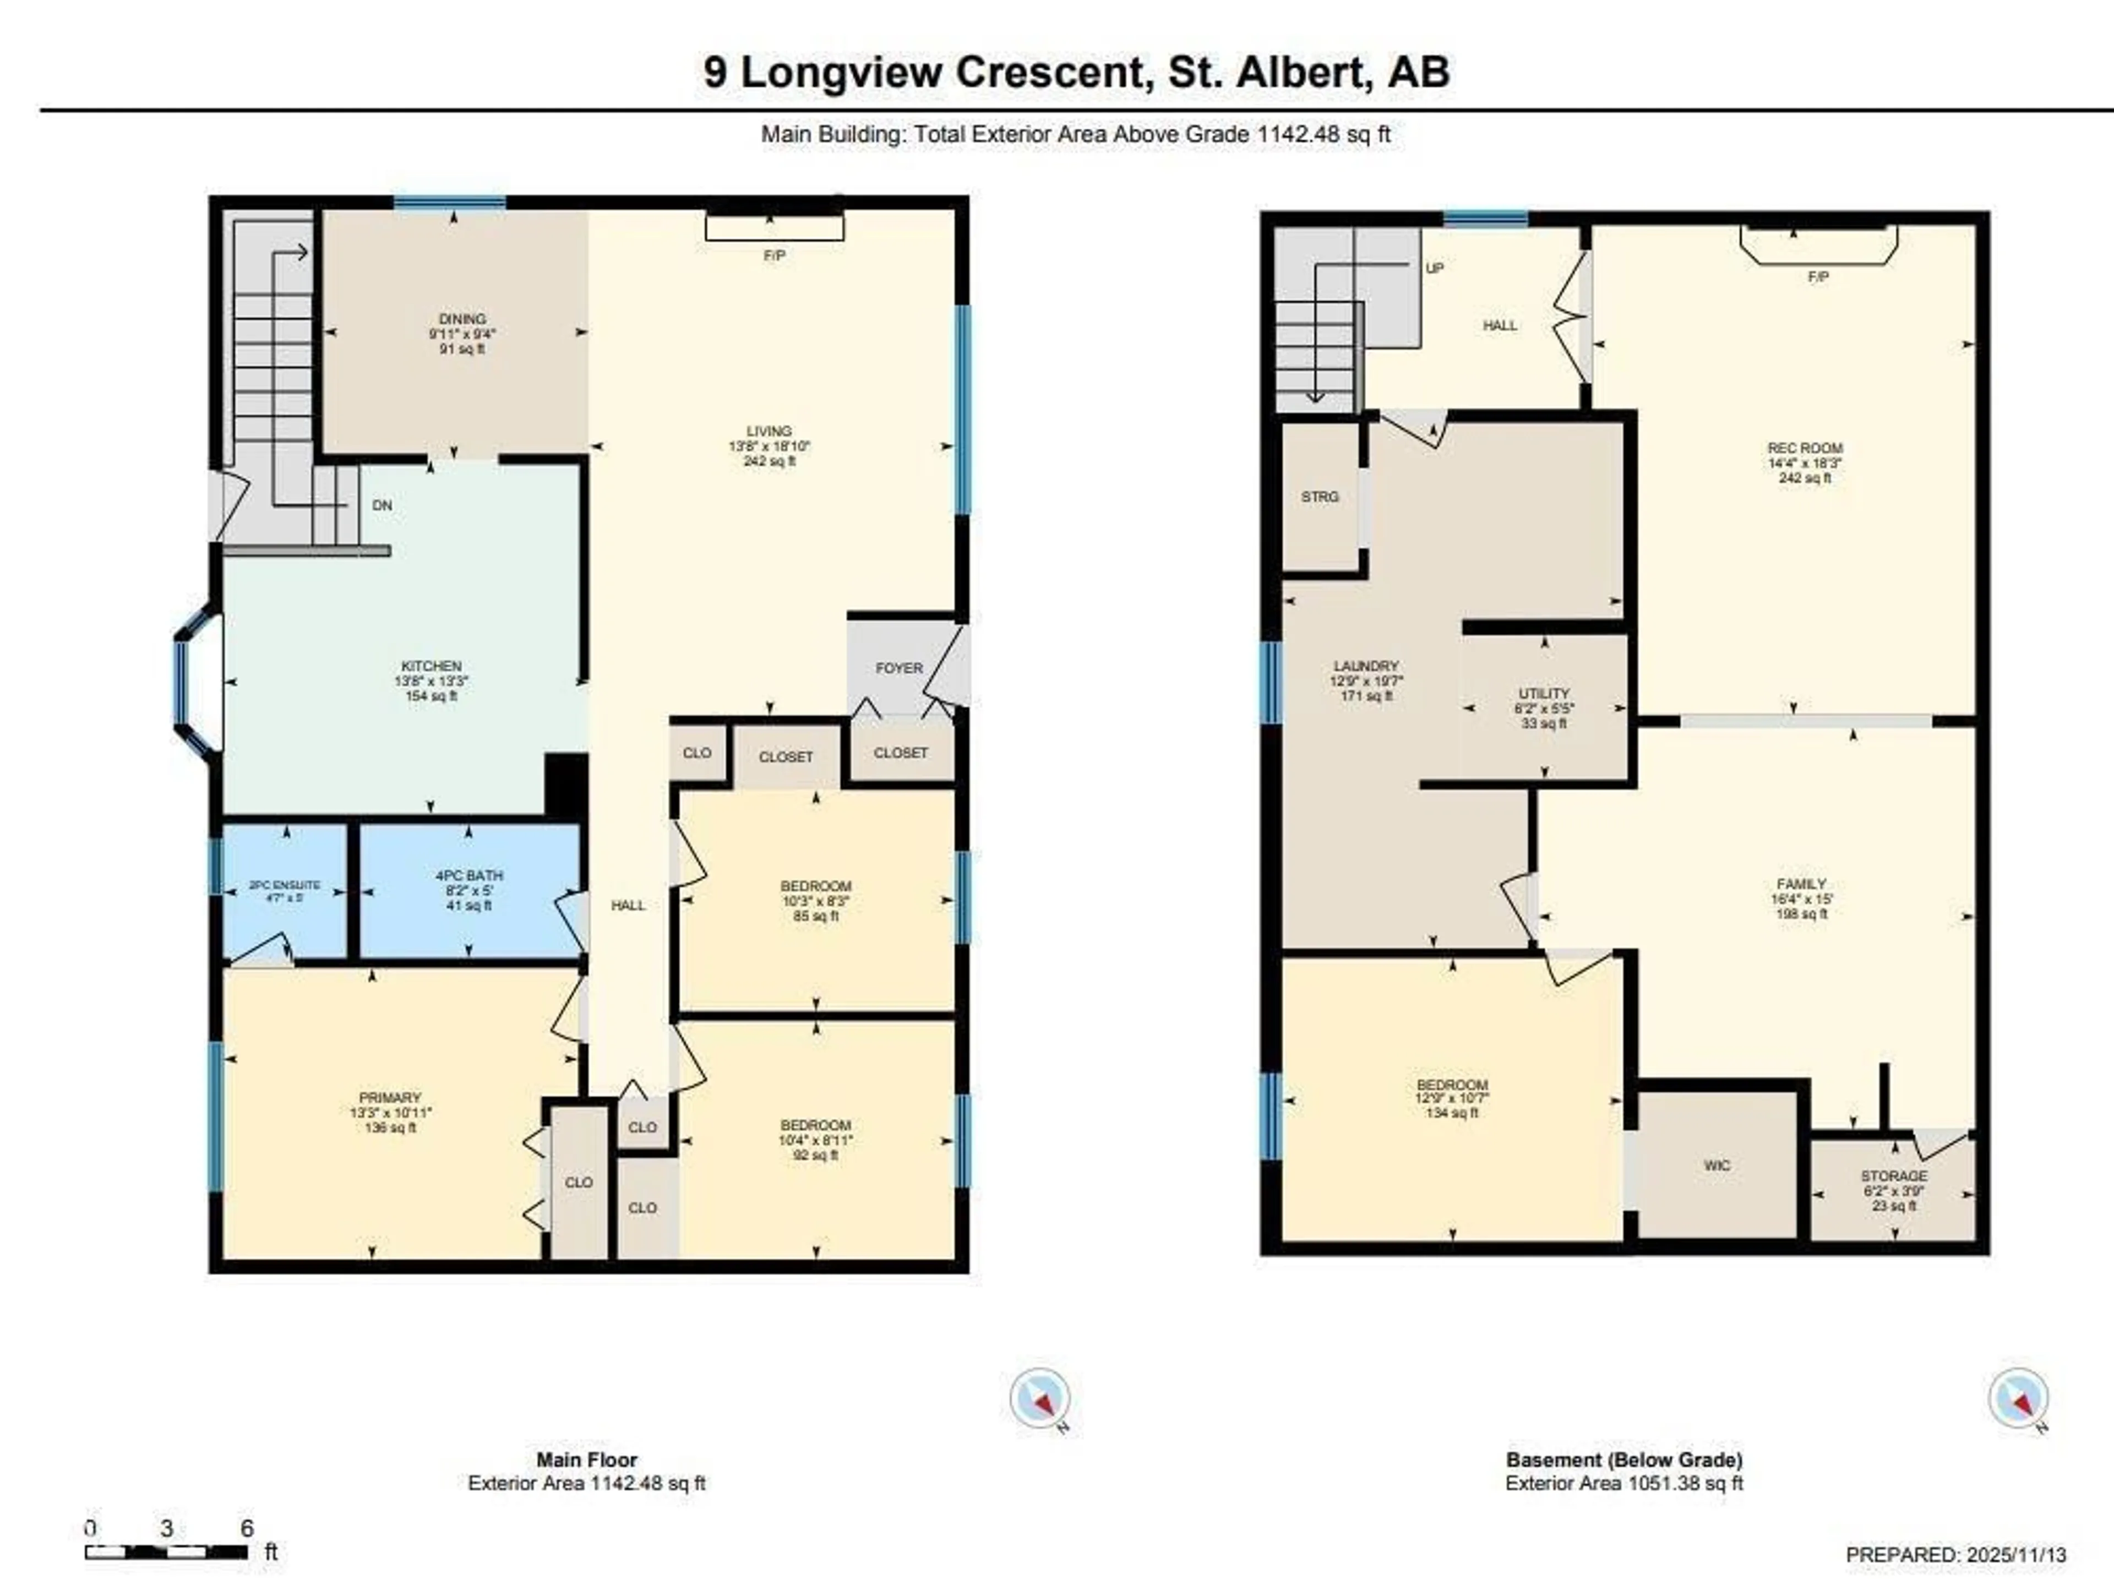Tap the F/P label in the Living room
click(774, 256)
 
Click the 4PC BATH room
click(469, 889)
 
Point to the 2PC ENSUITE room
click(285, 891)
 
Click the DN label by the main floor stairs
click(382, 505)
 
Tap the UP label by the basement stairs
click(1435, 269)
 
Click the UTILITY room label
click(1544, 694)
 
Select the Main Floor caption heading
click(587, 1460)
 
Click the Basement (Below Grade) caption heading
click(1623, 1460)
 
